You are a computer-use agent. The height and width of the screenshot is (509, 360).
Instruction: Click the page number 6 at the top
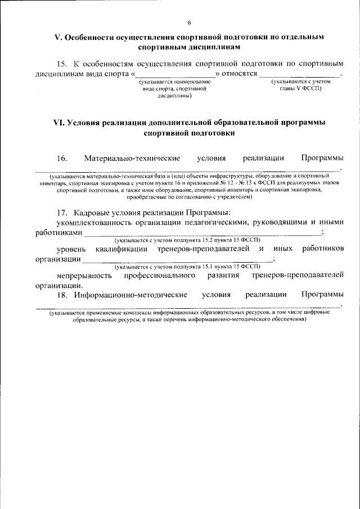click(x=189, y=22)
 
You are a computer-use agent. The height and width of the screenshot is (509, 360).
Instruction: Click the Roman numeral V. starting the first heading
click(x=57, y=37)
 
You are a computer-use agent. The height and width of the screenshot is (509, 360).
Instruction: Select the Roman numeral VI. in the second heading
click(x=59, y=122)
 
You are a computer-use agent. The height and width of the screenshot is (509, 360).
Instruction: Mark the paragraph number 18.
click(x=64, y=294)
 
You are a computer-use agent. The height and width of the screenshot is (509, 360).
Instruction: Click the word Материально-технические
click(x=132, y=158)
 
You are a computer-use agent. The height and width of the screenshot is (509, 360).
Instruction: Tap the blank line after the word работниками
click(x=202, y=233)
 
